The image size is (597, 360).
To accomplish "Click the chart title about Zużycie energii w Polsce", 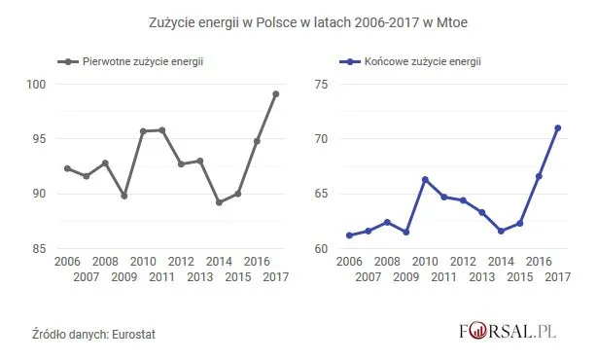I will pos(298,20).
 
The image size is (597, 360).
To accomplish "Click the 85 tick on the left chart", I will pos(39,249).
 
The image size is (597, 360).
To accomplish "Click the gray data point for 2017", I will pos(276,94).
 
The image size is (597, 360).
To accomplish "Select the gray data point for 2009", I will pos(124,196).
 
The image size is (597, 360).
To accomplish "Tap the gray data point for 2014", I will pos(219,202).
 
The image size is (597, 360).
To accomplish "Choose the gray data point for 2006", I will pos(67,168).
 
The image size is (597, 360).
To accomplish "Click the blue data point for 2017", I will pos(558,127).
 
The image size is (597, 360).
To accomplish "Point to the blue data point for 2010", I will pos(425,179).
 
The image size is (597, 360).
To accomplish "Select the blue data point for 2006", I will pos(349,235).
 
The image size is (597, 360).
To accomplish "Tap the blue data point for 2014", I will pos(501,231).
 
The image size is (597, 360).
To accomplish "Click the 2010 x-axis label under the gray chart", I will pos(143,263).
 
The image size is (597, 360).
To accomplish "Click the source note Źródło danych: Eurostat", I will pos(93,335).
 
